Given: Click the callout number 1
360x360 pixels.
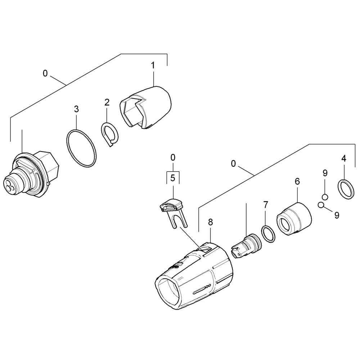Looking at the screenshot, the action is (153, 66).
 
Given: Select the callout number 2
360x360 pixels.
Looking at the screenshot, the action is (107, 102).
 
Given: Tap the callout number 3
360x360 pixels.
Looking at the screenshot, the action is (76, 109).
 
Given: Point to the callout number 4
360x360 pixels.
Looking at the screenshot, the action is (344, 158).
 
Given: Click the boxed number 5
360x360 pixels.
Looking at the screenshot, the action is (173, 178).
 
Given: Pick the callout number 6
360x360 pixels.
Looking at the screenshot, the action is (297, 181).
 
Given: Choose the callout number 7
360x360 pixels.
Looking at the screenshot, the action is (266, 204).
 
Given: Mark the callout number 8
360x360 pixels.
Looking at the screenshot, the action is (210, 222).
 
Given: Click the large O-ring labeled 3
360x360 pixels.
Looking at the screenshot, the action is (81, 149).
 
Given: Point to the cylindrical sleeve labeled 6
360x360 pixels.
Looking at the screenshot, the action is (294, 218).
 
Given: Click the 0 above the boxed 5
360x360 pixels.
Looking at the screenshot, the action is (173, 158).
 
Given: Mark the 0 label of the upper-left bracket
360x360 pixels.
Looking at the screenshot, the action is (45, 73).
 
